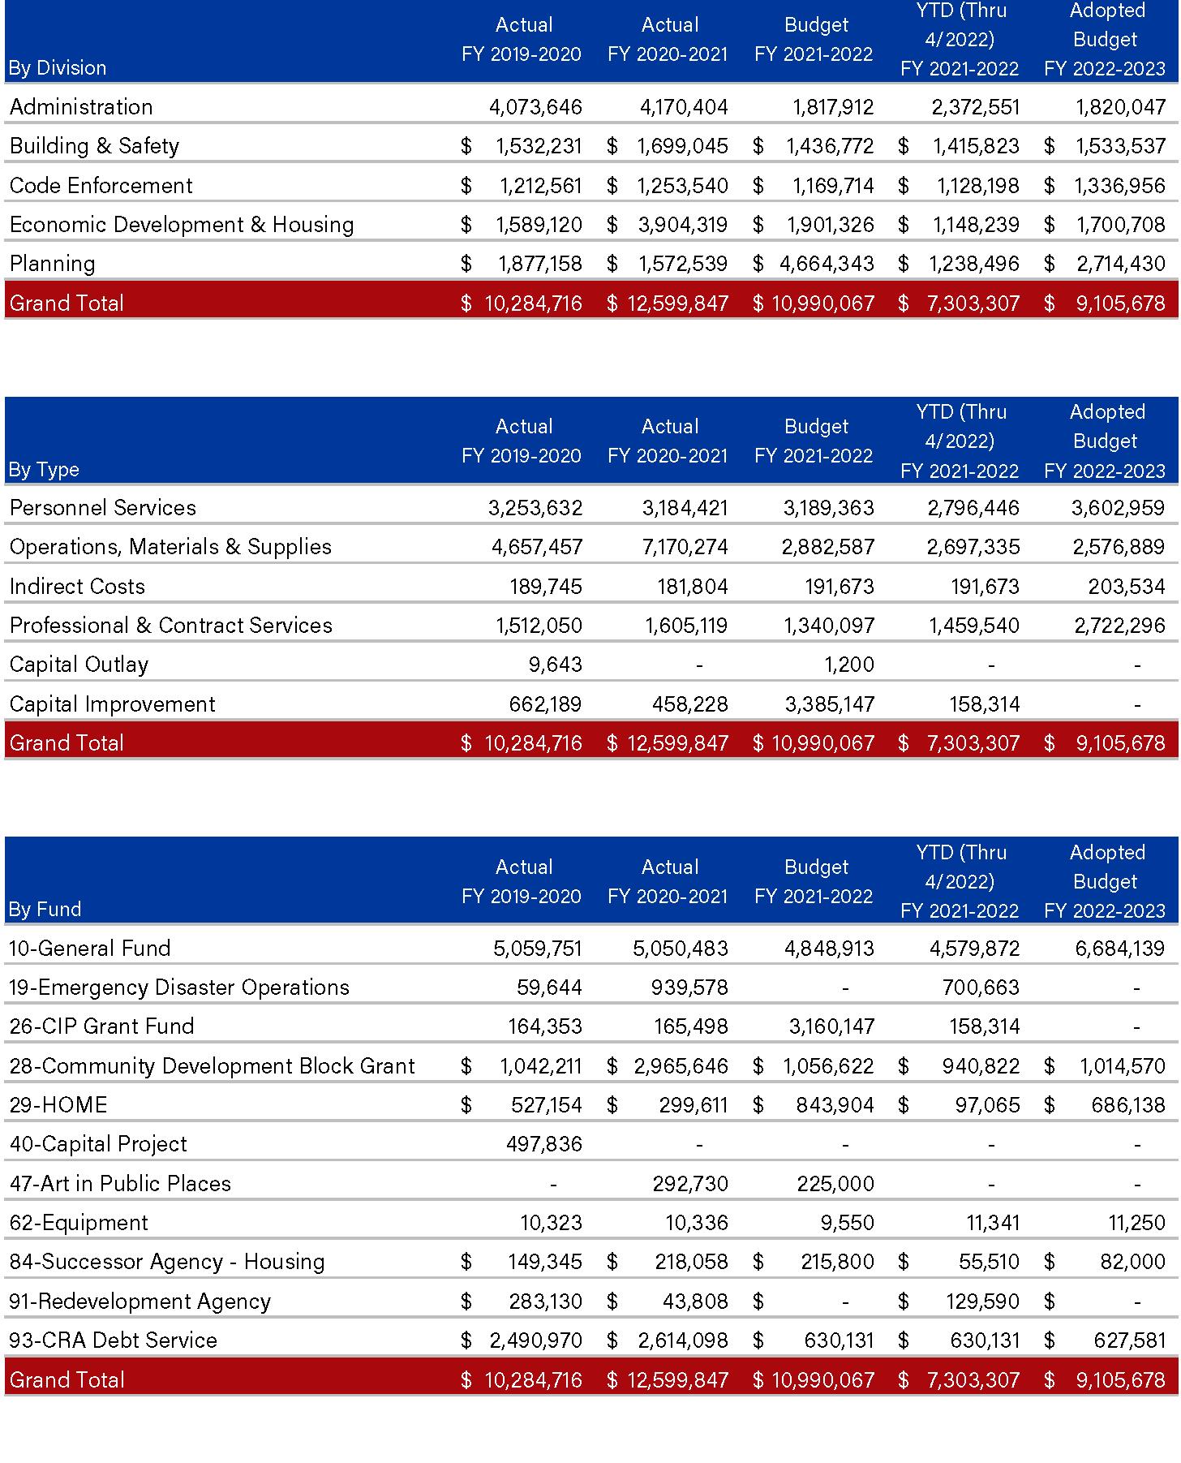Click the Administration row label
point(81,107)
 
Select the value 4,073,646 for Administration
point(535,107)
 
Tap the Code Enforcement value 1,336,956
point(1120,186)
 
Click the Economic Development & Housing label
point(182,225)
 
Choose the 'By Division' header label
point(58,67)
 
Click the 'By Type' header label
point(44,469)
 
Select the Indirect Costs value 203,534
point(1127,587)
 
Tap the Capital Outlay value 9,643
point(556,665)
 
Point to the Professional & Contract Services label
point(171,626)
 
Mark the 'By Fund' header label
point(45,909)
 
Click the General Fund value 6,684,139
point(1120,949)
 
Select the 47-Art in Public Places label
point(120,1184)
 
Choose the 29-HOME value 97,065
point(986,1105)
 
